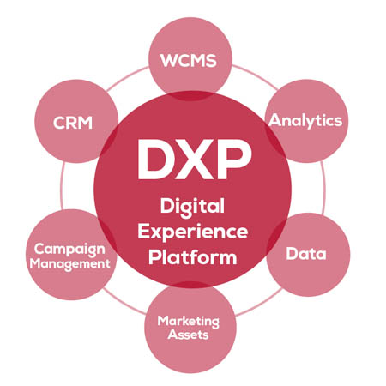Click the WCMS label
189,61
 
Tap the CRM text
73,123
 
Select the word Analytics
305,121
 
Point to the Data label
306,253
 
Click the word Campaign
69,250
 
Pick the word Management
69,264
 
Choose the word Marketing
189,322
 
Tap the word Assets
188,335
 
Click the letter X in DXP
195,160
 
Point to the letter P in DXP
235,160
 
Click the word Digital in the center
192,207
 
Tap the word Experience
193,232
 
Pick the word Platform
193,257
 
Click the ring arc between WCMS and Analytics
255,75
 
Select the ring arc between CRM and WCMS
127,78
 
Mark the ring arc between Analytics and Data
324,188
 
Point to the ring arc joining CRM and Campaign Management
62,186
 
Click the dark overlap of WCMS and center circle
190,96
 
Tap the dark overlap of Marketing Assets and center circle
191,284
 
